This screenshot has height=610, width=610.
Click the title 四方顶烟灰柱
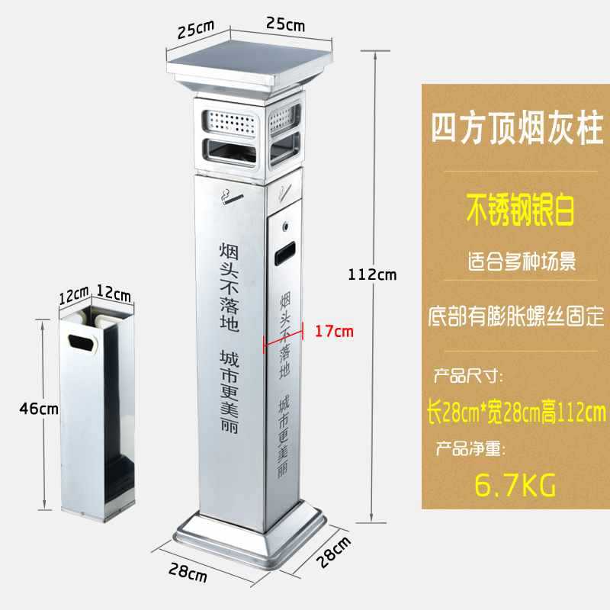(515, 124)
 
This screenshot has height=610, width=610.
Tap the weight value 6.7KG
(515, 483)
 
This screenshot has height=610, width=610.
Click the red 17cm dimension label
(334, 331)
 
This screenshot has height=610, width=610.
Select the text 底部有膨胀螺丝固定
(515, 315)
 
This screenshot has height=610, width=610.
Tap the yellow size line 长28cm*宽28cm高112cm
(515, 414)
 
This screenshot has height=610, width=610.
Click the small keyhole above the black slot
(285, 226)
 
